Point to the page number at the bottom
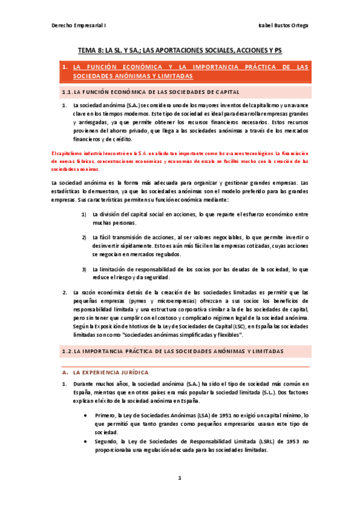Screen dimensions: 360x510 [x=179, y=478]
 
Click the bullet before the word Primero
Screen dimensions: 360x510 [x=88, y=415]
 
